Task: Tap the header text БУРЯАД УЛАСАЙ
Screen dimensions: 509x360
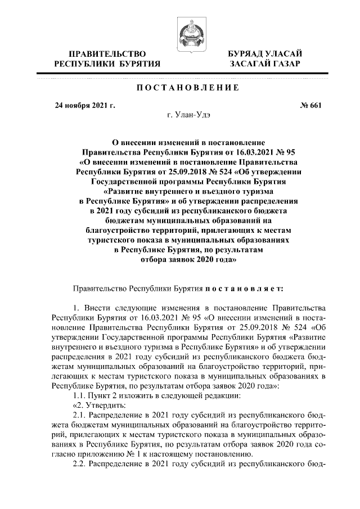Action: [265, 53]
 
